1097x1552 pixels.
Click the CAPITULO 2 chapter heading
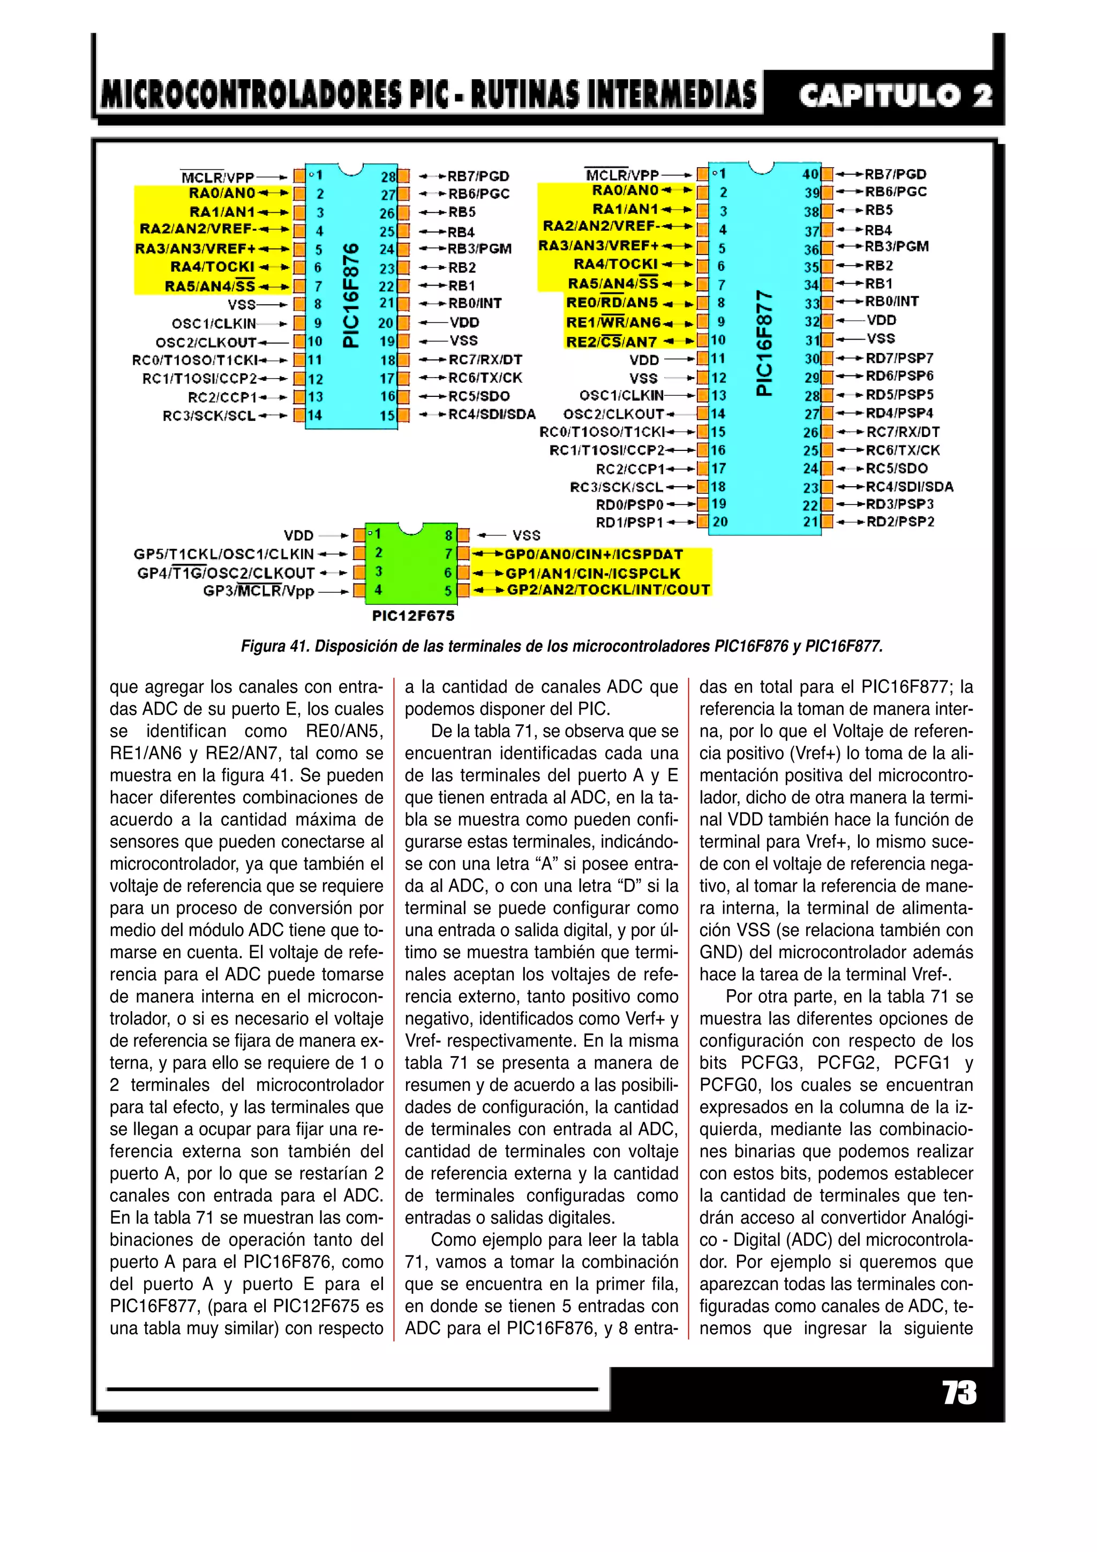pyautogui.click(x=896, y=95)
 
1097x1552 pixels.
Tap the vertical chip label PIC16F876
pyautogui.click(x=350, y=296)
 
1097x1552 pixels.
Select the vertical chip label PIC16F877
pyautogui.click(x=763, y=343)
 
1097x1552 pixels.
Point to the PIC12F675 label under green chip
pyautogui.click(x=413, y=616)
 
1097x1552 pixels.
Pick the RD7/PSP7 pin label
pyautogui.click(x=899, y=358)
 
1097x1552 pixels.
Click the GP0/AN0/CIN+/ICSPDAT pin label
pyautogui.click(x=594, y=555)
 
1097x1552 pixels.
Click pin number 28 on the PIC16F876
pyautogui.click(x=388, y=177)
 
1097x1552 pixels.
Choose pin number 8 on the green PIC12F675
pyautogui.click(x=448, y=536)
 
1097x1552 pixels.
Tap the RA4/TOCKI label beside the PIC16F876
pyautogui.click(x=212, y=267)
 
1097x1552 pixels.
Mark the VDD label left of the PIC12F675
pyautogui.click(x=299, y=536)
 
